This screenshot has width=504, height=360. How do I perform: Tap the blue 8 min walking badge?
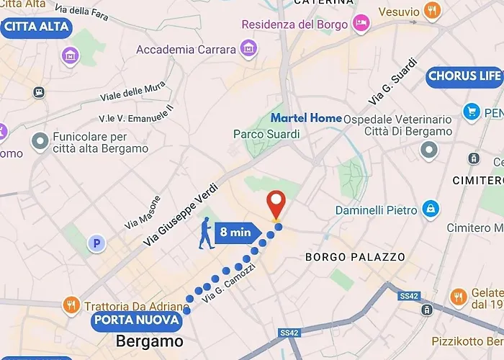click(235, 232)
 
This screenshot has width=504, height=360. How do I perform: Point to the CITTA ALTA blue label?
click(37, 27)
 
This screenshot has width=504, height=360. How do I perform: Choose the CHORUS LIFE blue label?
click(464, 76)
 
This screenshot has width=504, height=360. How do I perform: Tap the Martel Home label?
click(306, 117)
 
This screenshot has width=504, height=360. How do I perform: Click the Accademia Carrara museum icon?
click(248, 50)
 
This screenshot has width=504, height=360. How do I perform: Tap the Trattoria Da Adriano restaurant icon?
click(71, 305)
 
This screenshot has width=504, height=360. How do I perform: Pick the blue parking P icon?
click(96, 244)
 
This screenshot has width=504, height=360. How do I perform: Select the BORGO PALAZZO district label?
click(355, 257)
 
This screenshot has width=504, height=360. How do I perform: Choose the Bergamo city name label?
click(150, 341)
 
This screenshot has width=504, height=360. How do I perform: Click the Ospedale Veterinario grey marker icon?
click(430, 150)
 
